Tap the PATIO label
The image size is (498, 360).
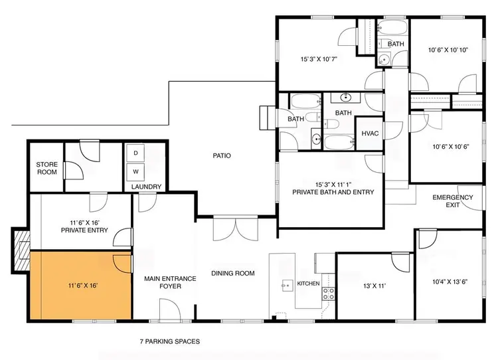(x=222, y=156)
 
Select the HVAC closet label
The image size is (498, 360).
(x=370, y=134)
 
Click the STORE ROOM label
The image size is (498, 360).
(x=47, y=168)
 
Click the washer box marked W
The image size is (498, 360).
(x=136, y=171)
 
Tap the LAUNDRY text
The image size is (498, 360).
(x=146, y=187)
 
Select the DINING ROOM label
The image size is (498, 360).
(x=233, y=273)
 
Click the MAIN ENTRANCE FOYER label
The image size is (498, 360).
(x=170, y=283)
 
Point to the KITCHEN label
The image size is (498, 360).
(x=308, y=284)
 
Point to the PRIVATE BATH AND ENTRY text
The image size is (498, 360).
(x=333, y=192)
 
